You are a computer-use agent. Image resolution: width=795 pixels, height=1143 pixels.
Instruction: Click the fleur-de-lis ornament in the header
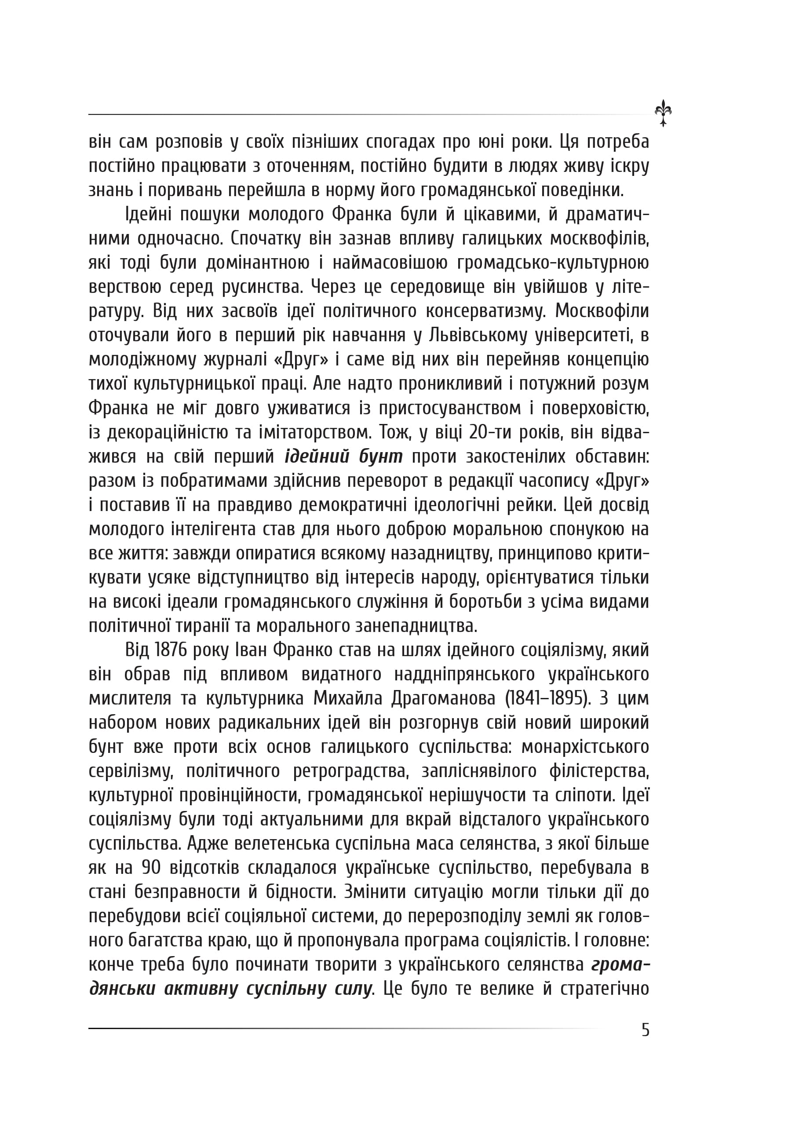(x=663, y=113)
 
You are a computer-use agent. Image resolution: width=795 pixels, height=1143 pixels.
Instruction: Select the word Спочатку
(x=264, y=238)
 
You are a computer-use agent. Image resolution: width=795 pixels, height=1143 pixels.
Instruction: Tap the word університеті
(x=583, y=336)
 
